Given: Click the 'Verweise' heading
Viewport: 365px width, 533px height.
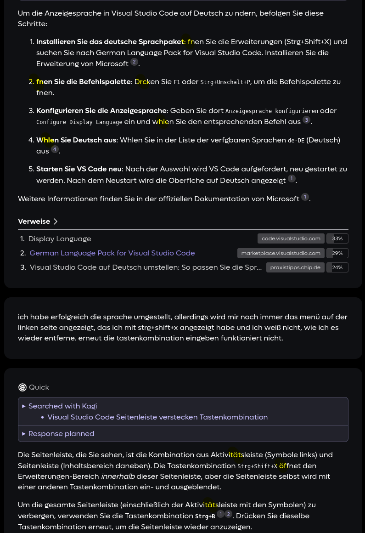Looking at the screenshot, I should coord(34,221).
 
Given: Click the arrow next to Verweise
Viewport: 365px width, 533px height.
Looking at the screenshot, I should coord(56,221).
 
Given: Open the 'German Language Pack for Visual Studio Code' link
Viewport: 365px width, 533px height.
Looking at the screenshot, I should coord(112,253).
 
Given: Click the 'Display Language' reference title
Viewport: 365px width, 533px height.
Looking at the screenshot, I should coord(60,239).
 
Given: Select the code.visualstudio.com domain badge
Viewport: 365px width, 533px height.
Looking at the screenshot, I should coord(291,238).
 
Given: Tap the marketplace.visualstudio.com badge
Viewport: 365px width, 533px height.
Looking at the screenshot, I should coord(281,253).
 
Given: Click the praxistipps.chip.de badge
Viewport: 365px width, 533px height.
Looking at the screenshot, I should coord(295,267).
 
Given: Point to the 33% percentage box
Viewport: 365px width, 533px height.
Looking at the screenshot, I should coord(337,238).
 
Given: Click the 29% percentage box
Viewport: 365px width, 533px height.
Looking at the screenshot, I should coord(337,253).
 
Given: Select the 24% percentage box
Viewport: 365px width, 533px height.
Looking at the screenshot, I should coord(337,267).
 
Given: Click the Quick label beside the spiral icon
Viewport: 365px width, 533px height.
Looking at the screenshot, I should coord(39,387).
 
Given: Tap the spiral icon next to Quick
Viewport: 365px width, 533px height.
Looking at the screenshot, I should coord(22,387).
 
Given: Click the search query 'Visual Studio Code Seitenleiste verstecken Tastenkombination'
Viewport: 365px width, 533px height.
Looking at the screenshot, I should coord(157,417).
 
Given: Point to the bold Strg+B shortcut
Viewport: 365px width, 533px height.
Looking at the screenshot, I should coord(205,516).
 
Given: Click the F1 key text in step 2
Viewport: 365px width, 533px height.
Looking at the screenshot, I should coord(177,82).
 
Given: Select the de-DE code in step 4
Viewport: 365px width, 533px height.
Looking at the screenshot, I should coord(296,141).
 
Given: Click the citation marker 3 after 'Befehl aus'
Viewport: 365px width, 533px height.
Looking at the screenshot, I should coord(306,120).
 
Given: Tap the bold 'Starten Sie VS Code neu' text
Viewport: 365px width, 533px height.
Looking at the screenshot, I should coord(79,169).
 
